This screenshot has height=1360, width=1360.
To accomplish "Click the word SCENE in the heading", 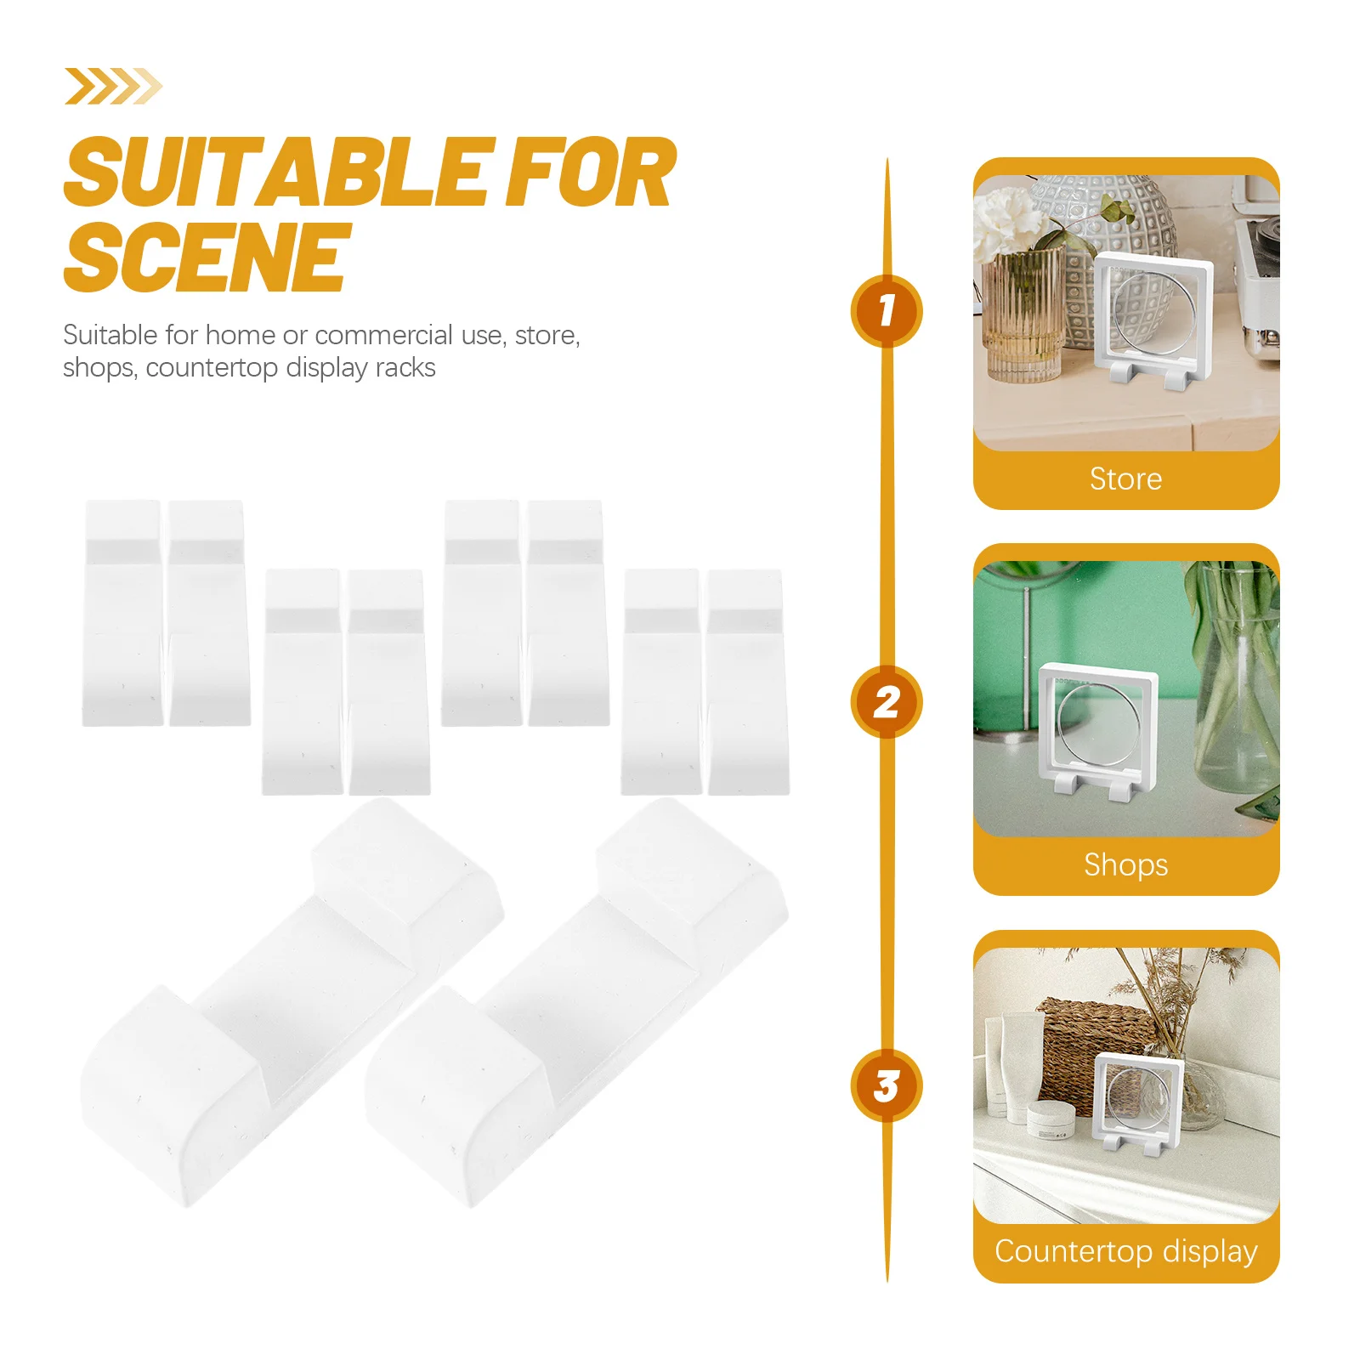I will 207,257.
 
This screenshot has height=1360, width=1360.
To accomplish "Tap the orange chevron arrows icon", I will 112,86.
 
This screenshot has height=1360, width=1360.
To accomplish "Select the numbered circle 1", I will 886,310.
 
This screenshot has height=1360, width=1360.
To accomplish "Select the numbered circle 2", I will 886,702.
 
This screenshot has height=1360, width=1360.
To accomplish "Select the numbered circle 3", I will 886,1085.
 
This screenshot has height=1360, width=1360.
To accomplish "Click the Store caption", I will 1125,479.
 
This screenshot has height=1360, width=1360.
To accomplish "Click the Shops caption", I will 1125,865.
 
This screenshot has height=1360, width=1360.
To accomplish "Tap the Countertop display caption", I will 1125,1251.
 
